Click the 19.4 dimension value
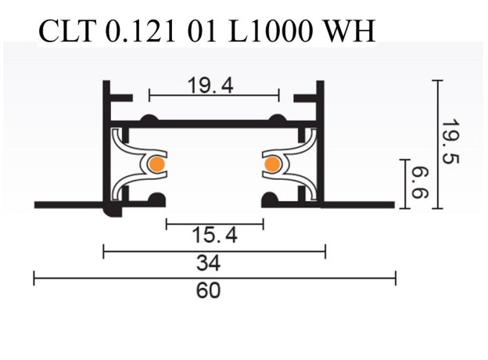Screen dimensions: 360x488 (x=210, y=85)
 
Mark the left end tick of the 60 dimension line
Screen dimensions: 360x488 (x=34, y=277)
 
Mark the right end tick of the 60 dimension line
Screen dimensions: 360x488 (x=396, y=277)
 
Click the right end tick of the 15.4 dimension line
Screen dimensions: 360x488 (x=264, y=224)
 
